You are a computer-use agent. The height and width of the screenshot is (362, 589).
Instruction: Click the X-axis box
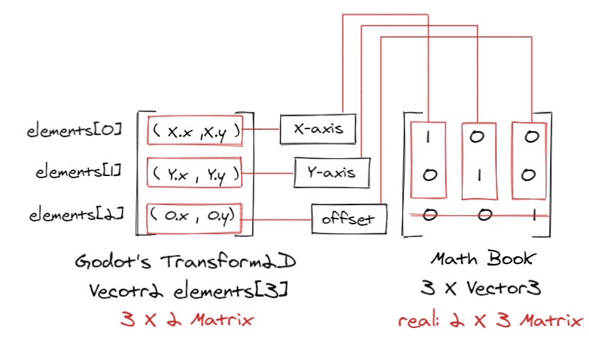[x=318, y=128]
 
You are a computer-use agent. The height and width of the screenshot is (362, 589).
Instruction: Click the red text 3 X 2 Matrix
[x=186, y=319]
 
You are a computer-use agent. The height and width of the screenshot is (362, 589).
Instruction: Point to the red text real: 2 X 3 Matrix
[x=489, y=320]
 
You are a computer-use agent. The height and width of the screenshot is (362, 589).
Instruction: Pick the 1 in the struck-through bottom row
[x=534, y=214]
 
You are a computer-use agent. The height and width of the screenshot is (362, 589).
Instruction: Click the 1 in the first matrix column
[x=428, y=138]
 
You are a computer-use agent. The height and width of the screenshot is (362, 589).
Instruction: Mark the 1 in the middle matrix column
[x=479, y=175]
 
